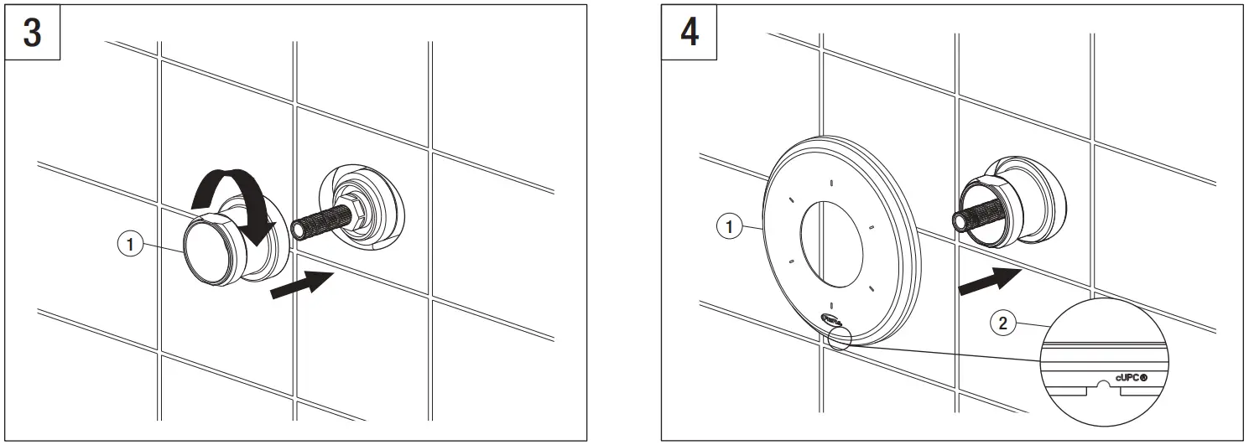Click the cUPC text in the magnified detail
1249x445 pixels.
1129,378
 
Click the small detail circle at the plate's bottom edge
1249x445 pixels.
838,339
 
